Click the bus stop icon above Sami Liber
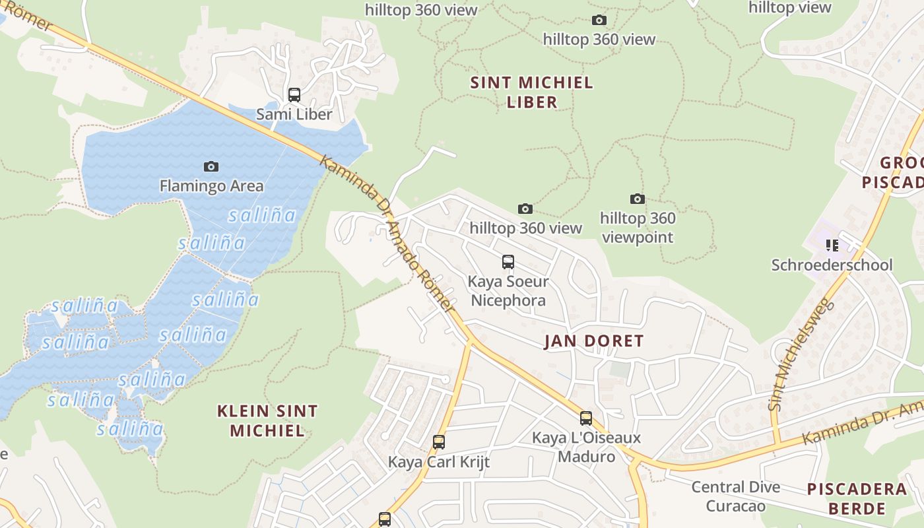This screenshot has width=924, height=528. pos(294,94)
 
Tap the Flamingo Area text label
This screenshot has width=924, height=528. pos(211,186)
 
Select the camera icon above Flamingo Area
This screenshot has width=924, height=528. pos(211,166)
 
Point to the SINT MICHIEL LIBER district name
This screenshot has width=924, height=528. pos(531,92)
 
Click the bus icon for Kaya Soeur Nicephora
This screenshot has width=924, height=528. pos(508,262)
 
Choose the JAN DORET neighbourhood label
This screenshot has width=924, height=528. pos(593,341)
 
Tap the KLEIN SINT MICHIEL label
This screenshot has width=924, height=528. pos(267,421)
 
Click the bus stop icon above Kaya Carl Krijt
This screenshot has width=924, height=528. pos(439,442)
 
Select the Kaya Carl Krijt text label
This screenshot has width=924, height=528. pos(439,462)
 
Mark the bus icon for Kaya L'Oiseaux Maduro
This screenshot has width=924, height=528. pos(586,418)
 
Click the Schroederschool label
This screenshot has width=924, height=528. pos(832,265)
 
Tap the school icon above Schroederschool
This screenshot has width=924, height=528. pos(832,246)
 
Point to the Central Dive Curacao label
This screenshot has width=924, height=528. pos(736,496)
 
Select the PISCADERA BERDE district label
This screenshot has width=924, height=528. pos(857,498)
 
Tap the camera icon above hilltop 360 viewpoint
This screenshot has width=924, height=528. pos(637,199)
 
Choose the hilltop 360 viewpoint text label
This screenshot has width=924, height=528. pos(637,228)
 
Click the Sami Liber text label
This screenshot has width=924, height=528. pos(294,114)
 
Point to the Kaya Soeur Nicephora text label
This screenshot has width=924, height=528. pos(508,291)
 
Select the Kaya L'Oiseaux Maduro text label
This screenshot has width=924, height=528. pos(586,447)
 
